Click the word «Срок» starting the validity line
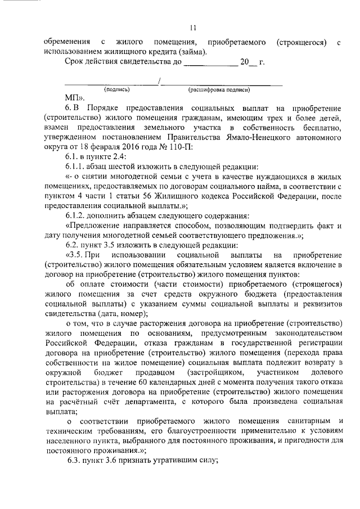click(75, 64)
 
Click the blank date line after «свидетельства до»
click(210, 64)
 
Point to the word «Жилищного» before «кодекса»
click(159, 197)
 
